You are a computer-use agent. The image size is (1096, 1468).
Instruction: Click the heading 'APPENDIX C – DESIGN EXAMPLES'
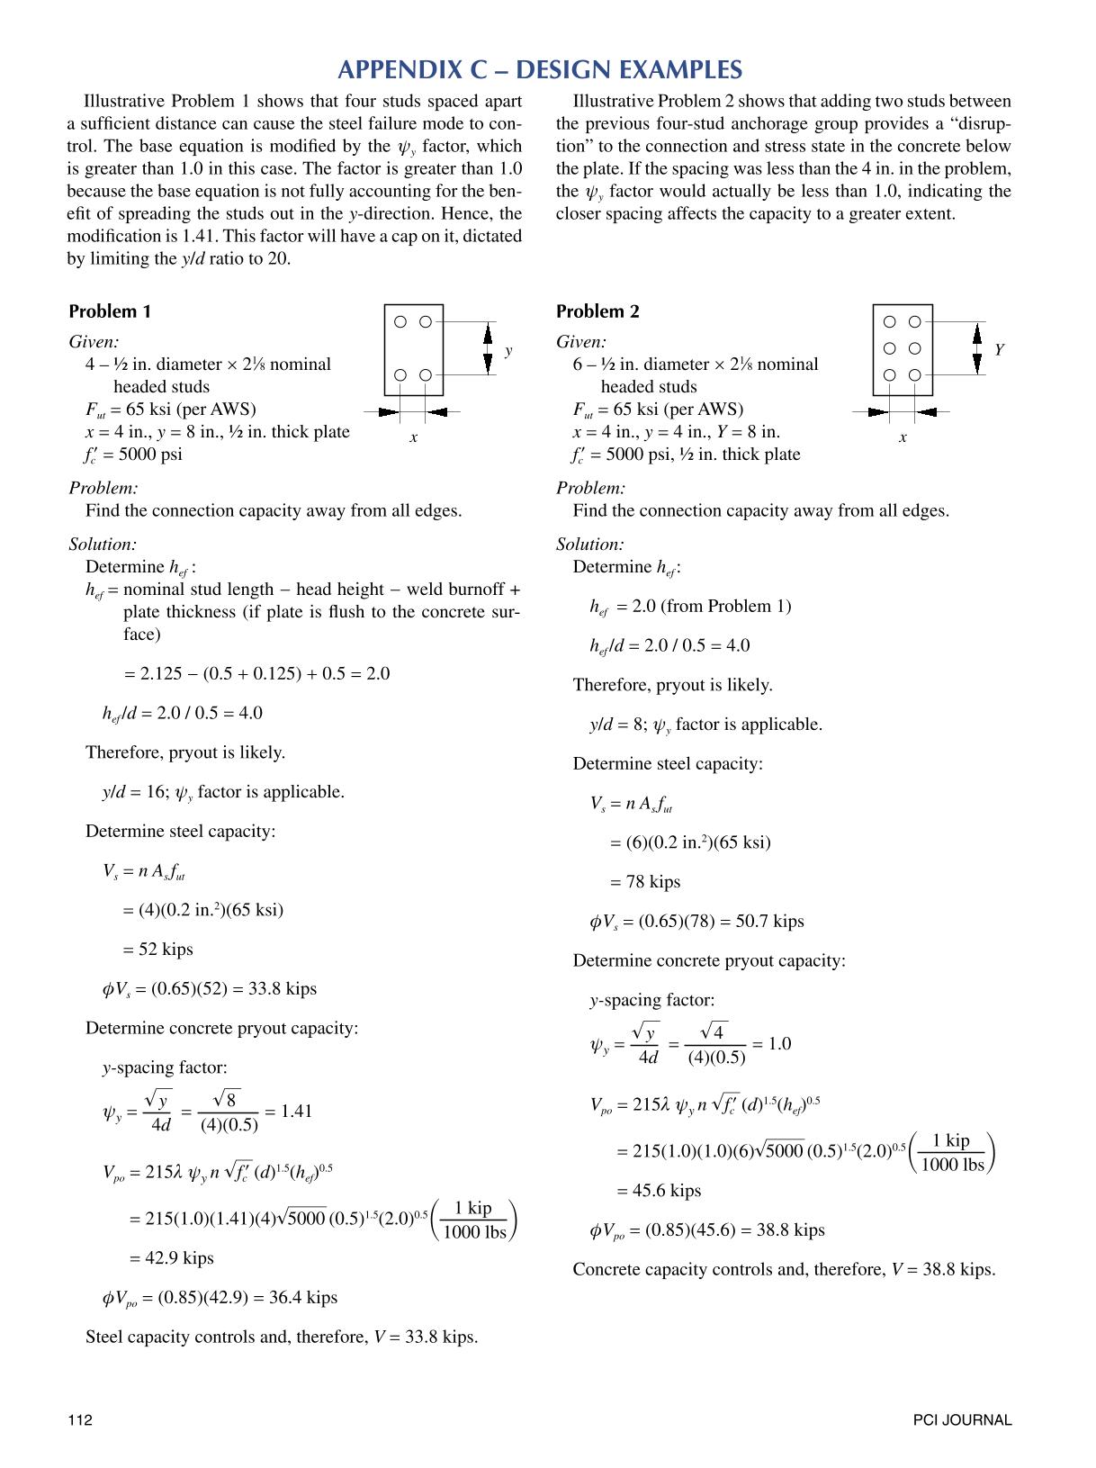pos(540,70)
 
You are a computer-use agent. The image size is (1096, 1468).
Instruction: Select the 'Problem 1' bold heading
pos(110,311)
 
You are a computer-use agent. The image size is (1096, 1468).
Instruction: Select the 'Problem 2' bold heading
pos(597,311)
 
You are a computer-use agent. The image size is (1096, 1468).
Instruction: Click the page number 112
pos(80,1420)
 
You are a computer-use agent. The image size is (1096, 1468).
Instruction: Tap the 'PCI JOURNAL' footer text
pos(962,1420)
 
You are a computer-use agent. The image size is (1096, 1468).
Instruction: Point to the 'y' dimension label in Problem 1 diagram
pos(508,350)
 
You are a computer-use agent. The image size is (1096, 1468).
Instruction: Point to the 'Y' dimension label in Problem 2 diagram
pos(999,350)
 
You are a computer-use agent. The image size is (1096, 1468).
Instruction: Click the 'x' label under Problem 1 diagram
pos(414,437)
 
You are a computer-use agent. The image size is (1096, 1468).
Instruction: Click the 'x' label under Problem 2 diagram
pos(903,437)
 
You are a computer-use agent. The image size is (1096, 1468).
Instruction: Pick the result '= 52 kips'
pos(158,949)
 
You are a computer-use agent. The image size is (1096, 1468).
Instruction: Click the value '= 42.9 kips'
pos(171,1257)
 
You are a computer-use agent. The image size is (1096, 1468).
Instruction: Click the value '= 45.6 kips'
pos(659,1190)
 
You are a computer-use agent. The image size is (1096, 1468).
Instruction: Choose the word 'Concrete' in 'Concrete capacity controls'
pos(606,1269)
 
